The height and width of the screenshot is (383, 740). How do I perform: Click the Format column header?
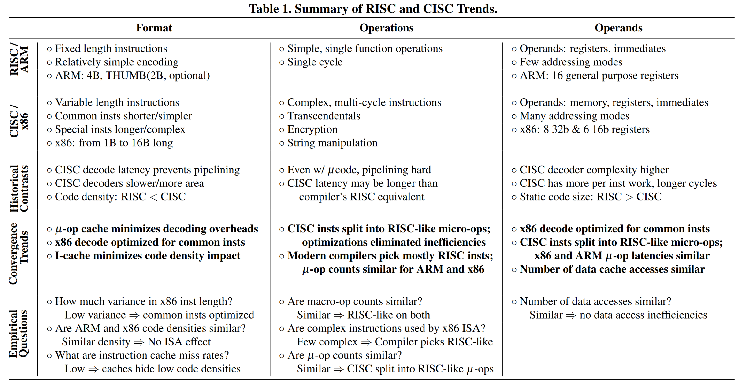[154, 28]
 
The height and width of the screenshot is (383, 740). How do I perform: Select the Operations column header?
[386, 28]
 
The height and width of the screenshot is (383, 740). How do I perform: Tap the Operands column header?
[618, 28]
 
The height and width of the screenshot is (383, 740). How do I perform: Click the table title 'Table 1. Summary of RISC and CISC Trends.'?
[373, 9]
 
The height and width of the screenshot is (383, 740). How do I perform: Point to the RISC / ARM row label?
[19, 60]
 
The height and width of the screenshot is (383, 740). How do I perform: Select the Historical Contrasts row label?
[19, 189]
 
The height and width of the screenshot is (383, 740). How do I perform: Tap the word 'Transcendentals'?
[324, 116]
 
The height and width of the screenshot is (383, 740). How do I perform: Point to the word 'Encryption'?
[312, 129]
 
